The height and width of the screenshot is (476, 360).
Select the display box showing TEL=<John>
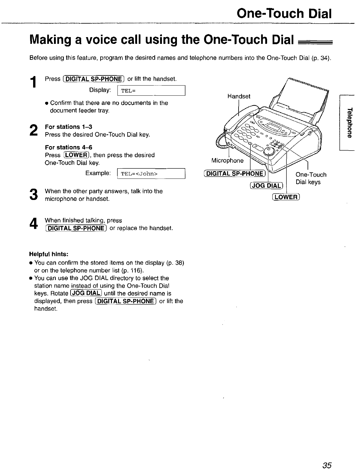[151, 174]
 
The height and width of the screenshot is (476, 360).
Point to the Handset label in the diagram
[239, 96]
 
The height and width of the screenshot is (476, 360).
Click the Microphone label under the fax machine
[227, 160]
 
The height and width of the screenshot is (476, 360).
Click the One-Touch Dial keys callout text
[311, 178]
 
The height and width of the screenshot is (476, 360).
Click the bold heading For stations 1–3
[68, 127]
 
